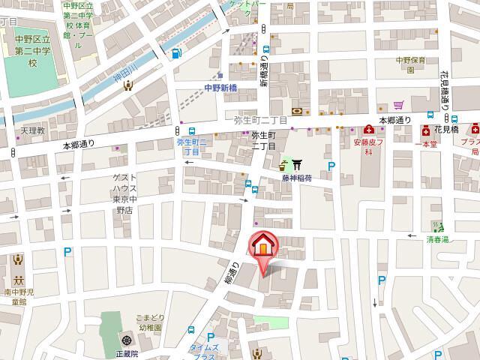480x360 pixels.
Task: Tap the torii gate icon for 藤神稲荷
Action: [296, 164]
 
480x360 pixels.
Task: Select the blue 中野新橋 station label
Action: [220, 88]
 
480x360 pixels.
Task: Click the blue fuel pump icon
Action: [176, 53]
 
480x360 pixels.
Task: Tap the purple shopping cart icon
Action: [399, 105]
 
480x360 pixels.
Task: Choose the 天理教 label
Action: [33, 130]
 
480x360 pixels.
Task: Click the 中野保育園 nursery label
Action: [411, 65]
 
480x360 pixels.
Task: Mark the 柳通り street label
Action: [234, 274]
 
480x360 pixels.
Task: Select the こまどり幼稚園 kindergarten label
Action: [143, 323]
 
